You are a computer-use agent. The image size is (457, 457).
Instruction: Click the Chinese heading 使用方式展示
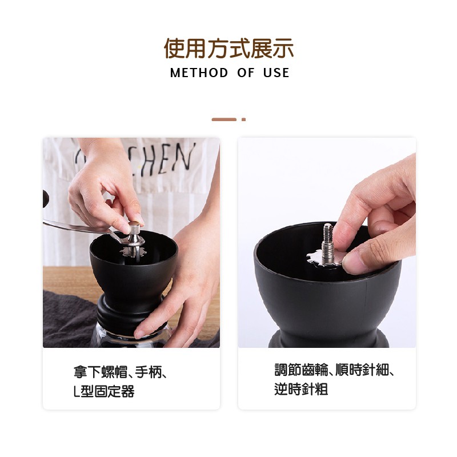point(228,49)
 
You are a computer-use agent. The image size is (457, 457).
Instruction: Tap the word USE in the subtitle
point(276,73)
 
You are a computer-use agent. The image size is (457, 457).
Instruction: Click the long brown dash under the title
point(223,119)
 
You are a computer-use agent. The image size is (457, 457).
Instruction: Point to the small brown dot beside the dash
point(243,119)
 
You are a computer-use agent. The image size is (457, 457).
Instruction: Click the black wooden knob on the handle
point(45,199)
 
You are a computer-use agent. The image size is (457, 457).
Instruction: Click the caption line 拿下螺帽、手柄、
point(121,372)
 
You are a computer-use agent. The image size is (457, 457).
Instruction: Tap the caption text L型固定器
point(104,392)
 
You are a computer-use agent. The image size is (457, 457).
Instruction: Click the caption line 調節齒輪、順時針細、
point(335,370)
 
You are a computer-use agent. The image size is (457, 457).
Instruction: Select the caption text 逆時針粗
point(301,390)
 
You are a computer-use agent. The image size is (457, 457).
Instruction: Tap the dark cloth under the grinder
point(66,320)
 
